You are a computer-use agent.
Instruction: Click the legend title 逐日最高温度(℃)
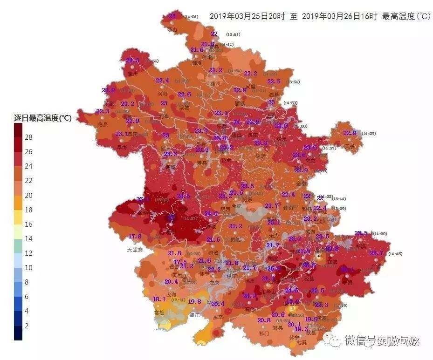[x=42, y=118]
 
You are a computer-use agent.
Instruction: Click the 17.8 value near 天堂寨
[x=135, y=237]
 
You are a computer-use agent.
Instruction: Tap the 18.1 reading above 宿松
[x=159, y=299]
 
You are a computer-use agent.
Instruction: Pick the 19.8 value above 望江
[x=194, y=301]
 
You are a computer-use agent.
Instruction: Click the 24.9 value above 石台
[x=249, y=296]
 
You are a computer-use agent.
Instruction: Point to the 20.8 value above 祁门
[x=264, y=320]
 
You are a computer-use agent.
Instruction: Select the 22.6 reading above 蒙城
[x=184, y=95]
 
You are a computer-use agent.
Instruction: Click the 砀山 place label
[x=172, y=29]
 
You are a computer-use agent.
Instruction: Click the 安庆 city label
[x=213, y=282]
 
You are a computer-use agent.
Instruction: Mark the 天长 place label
[x=350, y=146]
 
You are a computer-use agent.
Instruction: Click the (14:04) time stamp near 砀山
[x=191, y=17]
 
